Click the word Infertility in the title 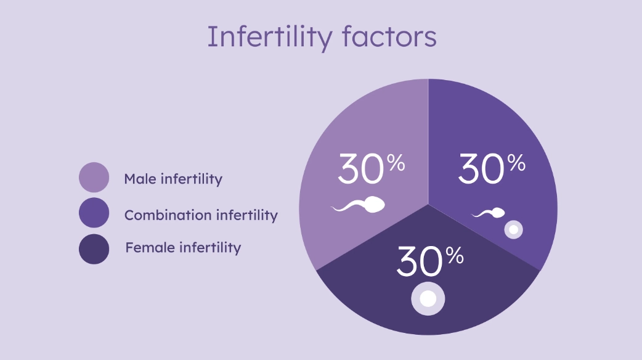point(269,37)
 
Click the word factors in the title point(389,37)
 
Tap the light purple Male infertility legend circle point(94,178)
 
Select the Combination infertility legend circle point(94,213)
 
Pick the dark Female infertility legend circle point(94,249)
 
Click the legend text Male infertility point(173,179)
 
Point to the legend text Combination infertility point(201,215)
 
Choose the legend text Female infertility point(183,248)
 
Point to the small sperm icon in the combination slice point(489,213)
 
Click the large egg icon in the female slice point(428,299)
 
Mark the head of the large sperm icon point(375,204)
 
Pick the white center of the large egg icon point(428,299)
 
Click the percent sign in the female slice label point(455,255)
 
